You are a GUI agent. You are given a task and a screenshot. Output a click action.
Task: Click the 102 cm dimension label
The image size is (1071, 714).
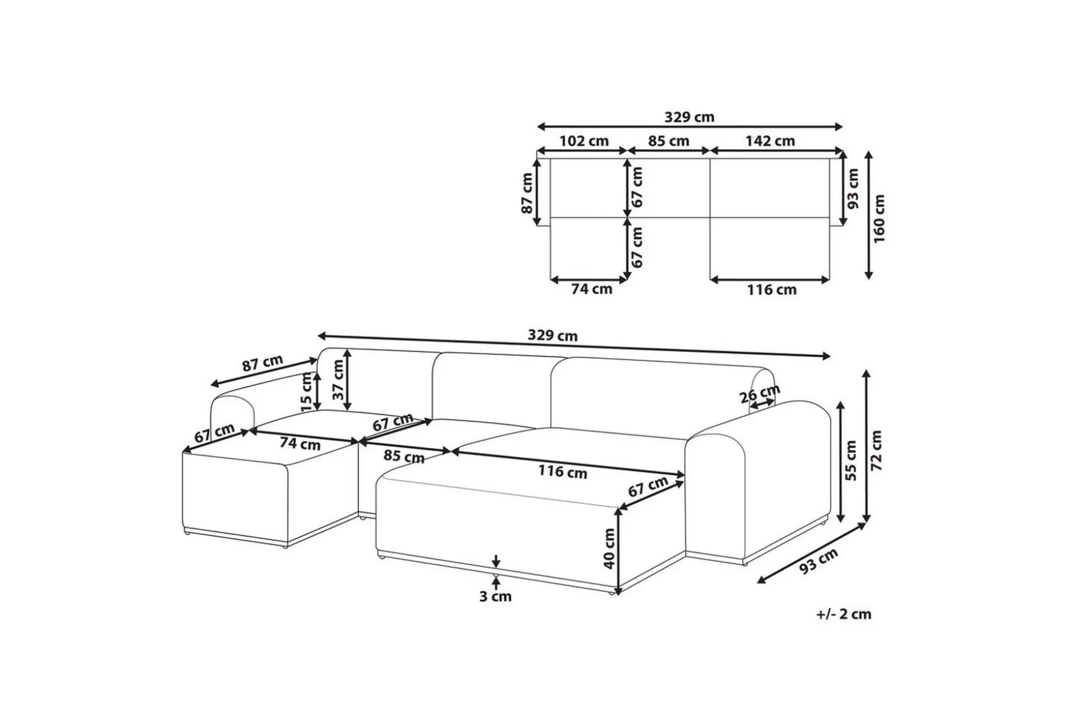point(584,140)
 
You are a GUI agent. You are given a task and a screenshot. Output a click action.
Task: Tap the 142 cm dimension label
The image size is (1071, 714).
point(770,140)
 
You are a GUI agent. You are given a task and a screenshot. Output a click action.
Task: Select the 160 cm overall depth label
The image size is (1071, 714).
point(879,218)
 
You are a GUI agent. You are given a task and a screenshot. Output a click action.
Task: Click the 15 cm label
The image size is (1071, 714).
point(306,392)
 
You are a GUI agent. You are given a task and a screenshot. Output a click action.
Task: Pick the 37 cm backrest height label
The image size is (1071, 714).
point(338,380)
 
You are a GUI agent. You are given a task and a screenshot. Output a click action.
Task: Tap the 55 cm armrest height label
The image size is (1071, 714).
point(852,460)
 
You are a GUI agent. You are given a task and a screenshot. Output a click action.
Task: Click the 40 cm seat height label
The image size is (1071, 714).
point(609,549)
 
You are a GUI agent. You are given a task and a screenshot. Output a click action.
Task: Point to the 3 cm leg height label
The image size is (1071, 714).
point(495,597)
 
